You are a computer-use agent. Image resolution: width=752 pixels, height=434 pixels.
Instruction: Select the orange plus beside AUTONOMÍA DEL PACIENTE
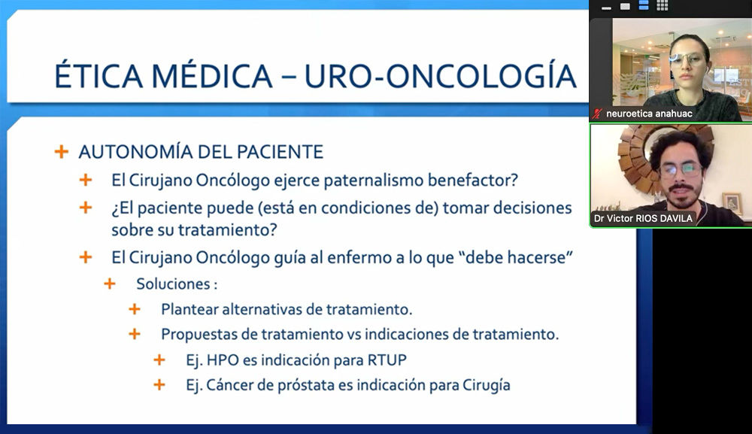pos(62,152)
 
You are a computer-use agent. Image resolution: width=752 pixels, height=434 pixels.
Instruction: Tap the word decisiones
pos(532,208)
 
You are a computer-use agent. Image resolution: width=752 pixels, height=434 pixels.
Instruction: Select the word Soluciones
pos(173,284)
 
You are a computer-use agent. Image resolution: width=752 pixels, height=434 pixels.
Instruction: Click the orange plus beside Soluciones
pos(110,284)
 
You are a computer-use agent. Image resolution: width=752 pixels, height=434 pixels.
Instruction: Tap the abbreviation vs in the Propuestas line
pos(354,334)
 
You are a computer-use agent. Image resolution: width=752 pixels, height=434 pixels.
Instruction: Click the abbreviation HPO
pos(223,360)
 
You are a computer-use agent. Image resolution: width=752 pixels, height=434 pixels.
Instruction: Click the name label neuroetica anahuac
pos(650,114)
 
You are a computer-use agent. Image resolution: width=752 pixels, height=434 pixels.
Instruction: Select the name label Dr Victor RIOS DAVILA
pos(643,219)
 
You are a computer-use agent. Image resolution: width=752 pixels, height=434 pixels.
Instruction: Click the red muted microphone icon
pos(597,114)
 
